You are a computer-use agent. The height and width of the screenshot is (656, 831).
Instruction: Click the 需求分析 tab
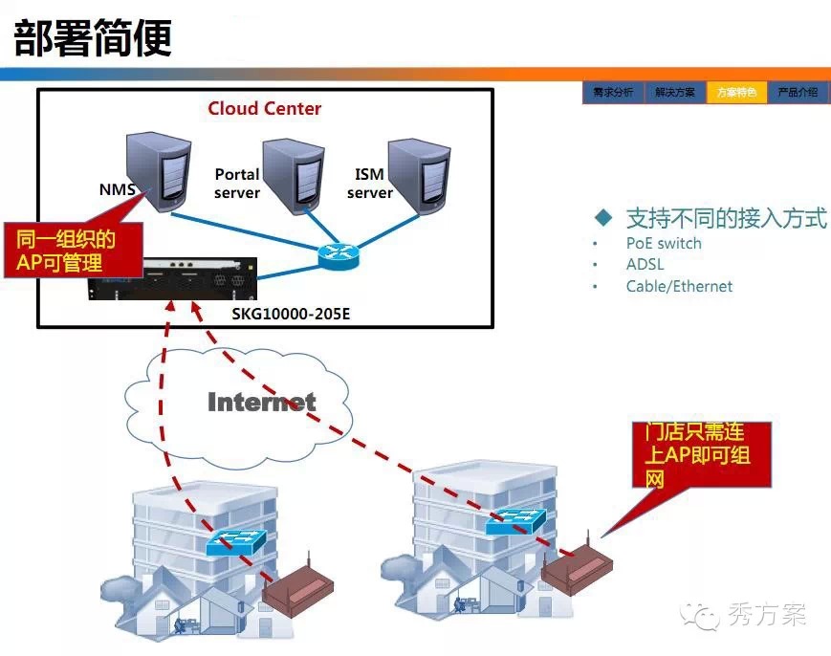pos(613,93)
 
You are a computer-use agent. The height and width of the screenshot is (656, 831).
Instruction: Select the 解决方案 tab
pos(675,93)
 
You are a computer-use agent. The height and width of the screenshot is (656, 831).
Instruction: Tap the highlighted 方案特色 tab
pos(736,93)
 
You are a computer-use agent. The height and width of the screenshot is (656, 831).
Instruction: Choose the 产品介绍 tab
pos(797,93)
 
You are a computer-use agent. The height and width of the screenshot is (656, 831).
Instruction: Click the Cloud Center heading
pos(265,108)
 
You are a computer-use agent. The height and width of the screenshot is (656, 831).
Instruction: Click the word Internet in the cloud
pos(261,402)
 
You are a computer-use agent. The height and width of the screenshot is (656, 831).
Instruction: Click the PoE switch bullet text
pos(664,243)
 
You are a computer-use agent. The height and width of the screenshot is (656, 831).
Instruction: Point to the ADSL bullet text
pos(645,264)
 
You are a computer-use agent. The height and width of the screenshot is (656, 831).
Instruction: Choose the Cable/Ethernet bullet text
pos(679,286)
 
